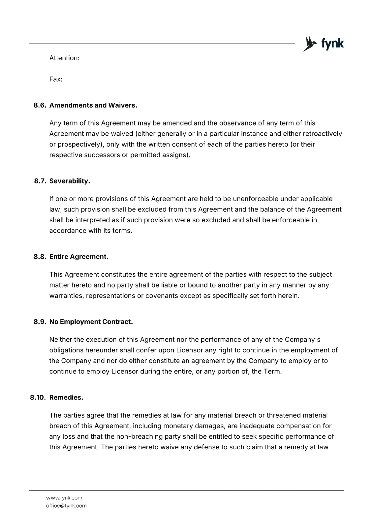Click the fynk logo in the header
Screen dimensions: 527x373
[x=323, y=43]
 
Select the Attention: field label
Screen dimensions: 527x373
[x=64, y=58]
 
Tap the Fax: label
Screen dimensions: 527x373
[x=56, y=79]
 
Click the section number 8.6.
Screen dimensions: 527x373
[x=40, y=105]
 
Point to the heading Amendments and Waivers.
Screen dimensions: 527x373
[x=93, y=105]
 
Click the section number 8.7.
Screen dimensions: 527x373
[x=41, y=181]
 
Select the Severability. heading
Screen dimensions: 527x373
[x=70, y=181]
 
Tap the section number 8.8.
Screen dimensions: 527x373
[x=40, y=257]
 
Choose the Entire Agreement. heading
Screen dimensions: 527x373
[x=79, y=257]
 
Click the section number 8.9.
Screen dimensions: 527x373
[x=40, y=322]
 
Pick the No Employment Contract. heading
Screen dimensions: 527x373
[x=91, y=322]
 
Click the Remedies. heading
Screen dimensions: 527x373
[x=66, y=398]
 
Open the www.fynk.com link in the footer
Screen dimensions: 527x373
[x=64, y=498]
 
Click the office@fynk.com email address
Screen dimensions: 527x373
[x=66, y=506]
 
